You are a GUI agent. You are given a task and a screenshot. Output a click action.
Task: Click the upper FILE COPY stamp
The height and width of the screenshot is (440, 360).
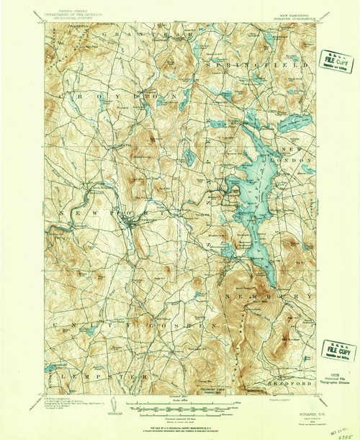[333, 61]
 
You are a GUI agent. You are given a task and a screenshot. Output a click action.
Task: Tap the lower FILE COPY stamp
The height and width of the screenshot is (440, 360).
[338, 351]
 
